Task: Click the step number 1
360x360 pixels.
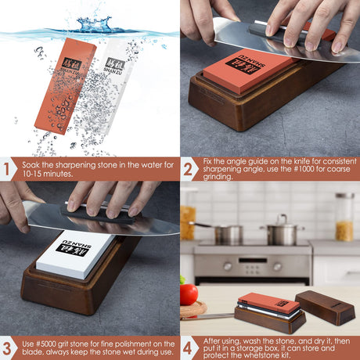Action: pyautogui.click(x=6, y=169)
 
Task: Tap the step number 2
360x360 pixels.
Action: pyautogui.click(x=188, y=169)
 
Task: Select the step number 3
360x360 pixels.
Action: pyautogui.click(x=7, y=348)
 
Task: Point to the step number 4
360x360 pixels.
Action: pyautogui.click(x=187, y=348)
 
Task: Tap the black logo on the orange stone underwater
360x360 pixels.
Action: pyautogui.click(x=71, y=63)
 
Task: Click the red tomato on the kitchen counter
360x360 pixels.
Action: pyautogui.click(x=189, y=294)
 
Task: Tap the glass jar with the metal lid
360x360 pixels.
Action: pyautogui.click(x=344, y=217)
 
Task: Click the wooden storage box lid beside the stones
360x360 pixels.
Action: pyautogui.click(x=325, y=308)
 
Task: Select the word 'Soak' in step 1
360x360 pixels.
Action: pyautogui.click(x=31, y=165)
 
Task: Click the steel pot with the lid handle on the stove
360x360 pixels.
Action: pyautogui.click(x=283, y=231)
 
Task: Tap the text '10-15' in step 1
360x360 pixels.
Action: pyautogui.click(x=32, y=174)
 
